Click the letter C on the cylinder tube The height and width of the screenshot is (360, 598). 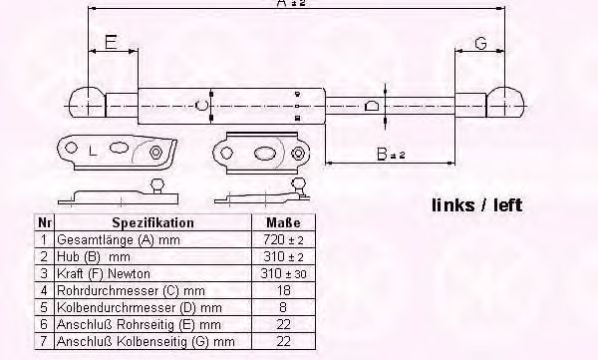click(x=202, y=104)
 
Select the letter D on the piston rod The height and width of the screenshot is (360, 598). click(x=371, y=105)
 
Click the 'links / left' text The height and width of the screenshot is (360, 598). click(x=476, y=206)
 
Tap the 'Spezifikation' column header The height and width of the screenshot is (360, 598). click(x=152, y=223)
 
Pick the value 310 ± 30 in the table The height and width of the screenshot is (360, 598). click(x=285, y=272)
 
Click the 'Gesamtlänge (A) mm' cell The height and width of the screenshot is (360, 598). click(x=112, y=240)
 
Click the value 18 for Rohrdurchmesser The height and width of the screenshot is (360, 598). click(x=285, y=289)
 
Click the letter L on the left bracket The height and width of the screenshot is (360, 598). click(x=93, y=152)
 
